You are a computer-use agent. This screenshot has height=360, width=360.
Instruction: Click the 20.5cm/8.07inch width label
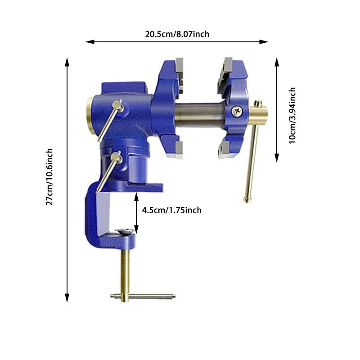(x=177, y=34)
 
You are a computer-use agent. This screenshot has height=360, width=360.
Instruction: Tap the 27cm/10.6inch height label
(x=49, y=177)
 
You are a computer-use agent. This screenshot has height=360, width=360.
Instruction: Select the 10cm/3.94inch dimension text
(x=292, y=116)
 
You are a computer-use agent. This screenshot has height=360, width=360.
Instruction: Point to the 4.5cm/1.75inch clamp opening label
(x=172, y=210)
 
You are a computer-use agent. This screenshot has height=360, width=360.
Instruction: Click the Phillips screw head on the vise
(x=237, y=111)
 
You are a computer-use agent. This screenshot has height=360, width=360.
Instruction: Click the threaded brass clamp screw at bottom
(x=126, y=274)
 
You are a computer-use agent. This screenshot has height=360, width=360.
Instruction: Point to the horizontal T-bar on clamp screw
(x=143, y=296)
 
